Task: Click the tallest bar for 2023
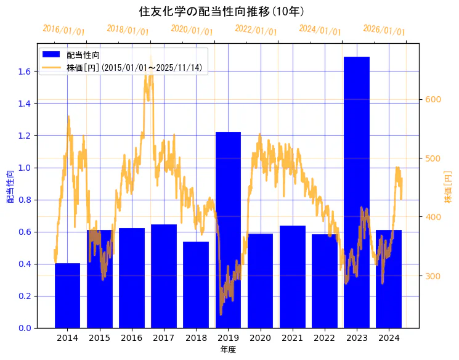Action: pos(357,191)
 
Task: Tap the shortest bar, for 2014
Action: pos(67,295)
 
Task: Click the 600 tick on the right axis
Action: pos(434,100)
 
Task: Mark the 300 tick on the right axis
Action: pos(434,276)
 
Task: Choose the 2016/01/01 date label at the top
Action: pos(63,30)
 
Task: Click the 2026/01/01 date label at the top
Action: pos(384,30)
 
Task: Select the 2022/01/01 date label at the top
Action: pos(256,30)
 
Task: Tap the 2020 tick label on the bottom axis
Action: pos(260,338)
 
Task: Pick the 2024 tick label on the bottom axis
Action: pos(389,338)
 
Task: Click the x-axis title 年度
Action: pos(228,350)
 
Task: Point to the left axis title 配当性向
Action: pos(10,187)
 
